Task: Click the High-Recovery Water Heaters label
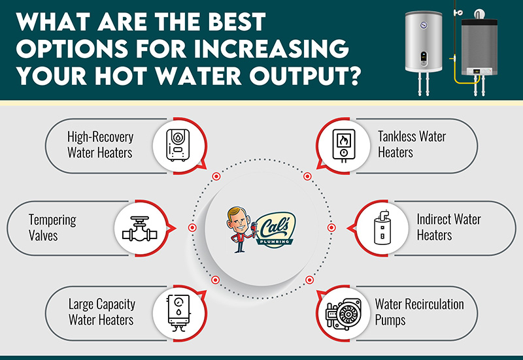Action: click(x=100, y=144)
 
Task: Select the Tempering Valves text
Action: click(x=52, y=227)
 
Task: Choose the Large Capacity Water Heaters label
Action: click(x=101, y=312)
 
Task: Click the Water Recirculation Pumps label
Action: click(x=419, y=312)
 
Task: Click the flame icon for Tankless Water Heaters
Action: click(x=343, y=144)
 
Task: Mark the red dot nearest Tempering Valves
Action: click(x=192, y=227)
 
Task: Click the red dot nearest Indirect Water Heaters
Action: click(x=331, y=227)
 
